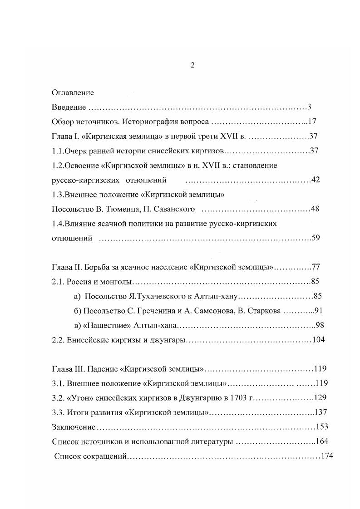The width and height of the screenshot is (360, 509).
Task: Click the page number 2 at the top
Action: (192, 65)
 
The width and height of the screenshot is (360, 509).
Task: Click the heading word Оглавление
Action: (73, 93)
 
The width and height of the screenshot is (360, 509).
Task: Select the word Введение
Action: (69, 108)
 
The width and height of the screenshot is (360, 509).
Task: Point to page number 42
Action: (316, 180)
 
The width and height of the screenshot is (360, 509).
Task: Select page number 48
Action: (316, 209)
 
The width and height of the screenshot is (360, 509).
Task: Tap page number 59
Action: (316, 238)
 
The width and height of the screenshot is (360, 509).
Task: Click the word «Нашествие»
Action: (106, 325)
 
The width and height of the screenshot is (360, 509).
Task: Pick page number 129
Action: (321, 398)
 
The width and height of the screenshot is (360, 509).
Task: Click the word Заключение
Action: (74, 427)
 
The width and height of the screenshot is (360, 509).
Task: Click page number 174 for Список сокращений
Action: (327, 456)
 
